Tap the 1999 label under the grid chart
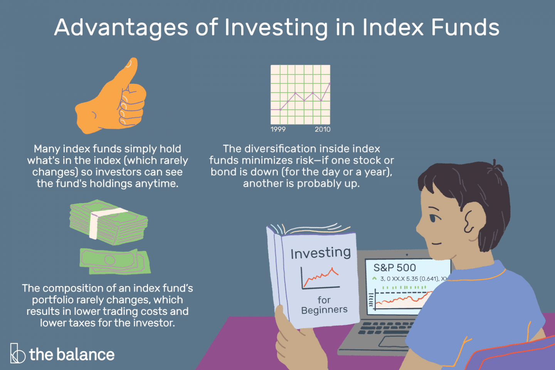coord(278,129)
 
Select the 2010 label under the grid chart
coord(323,129)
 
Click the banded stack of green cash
coord(108,223)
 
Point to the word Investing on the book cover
coord(321,253)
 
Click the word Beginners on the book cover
coord(324,310)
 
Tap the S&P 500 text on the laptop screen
coord(394,268)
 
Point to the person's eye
coord(434,218)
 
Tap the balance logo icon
coord(17,353)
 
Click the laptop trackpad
coord(393,341)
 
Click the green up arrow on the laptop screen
coord(374,278)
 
